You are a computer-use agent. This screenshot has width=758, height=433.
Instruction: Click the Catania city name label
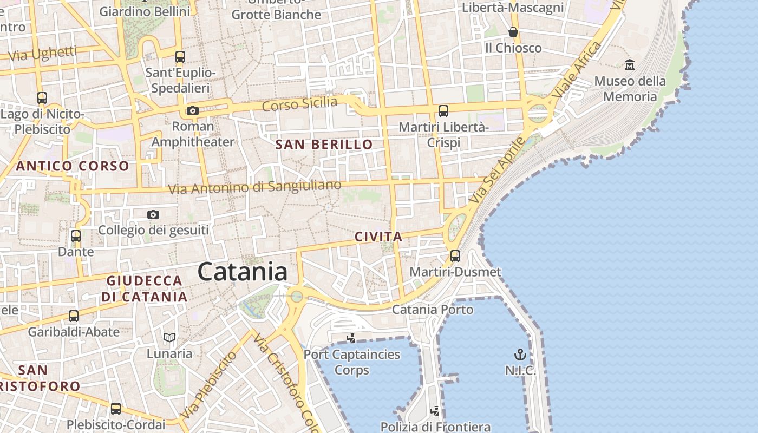pyautogui.click(x=242, y=271)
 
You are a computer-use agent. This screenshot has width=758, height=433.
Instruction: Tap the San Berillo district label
pyautogui.click(x=324, y=145)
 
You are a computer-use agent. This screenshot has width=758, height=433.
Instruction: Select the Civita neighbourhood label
pyautogui.click(x=378, y=237)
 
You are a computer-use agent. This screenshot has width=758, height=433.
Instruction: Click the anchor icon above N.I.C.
pyautogui.click(x=520, y=355)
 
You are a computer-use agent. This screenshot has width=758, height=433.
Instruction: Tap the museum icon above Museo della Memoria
pyautogui.click(x=630, y=65)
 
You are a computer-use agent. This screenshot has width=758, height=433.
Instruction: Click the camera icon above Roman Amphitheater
pyautogui.click(x=192, y=111)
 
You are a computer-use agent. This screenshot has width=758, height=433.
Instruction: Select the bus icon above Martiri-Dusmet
pyautogui.click(x=455, y=255)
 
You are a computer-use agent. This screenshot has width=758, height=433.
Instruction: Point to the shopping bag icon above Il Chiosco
pyautogui.click(x=513, y=32)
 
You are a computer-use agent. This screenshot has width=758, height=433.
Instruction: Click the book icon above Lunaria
pyautogui.click(x=169, y=338)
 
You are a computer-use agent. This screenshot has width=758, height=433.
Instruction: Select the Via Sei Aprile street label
pyautogui.click(x=498, y=170)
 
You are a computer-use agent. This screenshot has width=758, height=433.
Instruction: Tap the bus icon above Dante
pyautogui.click(x=76, y=236)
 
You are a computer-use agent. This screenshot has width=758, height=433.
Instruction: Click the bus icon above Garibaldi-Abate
pyautogui.click(x=74, y=316)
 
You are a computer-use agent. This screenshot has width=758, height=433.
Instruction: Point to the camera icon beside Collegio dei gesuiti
pyautogui.click(x=153, y=215)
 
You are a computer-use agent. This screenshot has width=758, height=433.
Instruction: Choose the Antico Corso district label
pyautogui.click(x=73, y=166)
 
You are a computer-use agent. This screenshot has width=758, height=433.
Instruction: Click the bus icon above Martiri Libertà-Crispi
pyautogui.click(x=443, y=111)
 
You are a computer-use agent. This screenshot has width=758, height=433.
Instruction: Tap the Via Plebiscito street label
pyautogui.click(x=209, y=384)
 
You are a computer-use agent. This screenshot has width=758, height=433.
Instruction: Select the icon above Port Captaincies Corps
pyautogui.click(x=351, y=338)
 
